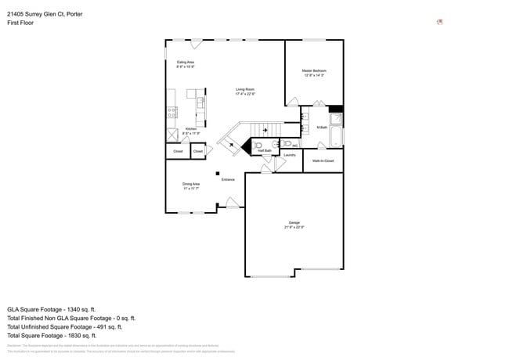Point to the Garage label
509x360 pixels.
tap(294, 224)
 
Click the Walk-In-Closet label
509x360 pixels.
tap(323, 160)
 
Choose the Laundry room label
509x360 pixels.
tap(289, 155)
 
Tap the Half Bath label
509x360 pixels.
tap(265, 150)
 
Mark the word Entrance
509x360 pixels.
tap(228, 180)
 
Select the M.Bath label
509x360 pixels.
tap(321, 127)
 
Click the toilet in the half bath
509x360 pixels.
tap(257, 145)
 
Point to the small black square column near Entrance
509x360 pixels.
tap(219, 173)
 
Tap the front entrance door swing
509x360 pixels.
tap(232, 204)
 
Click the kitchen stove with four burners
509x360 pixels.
tap(171, 113)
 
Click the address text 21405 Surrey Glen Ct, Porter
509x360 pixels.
tap(44, 13)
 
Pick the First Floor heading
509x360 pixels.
tap(21, 23)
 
